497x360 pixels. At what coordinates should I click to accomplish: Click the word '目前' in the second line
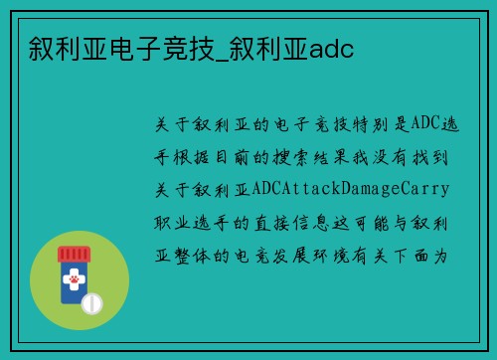[x=243, y=155]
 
